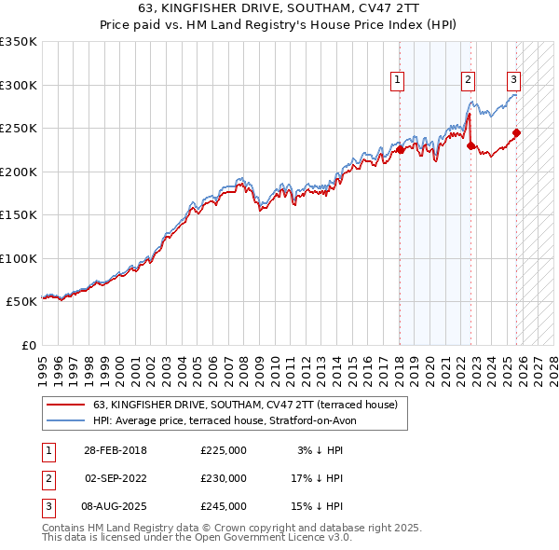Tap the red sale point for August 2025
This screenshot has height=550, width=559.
pos(517,132)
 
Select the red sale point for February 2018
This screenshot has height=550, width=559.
pos(400,149)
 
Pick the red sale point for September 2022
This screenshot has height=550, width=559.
pos(470,145)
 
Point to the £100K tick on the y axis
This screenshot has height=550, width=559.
pos(18,258)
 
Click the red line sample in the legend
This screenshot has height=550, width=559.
pos(65,405)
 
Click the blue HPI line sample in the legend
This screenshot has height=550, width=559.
pos(65,420)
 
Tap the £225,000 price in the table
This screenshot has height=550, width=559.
pos(224,450)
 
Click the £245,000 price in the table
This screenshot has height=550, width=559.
pos(224,506)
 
